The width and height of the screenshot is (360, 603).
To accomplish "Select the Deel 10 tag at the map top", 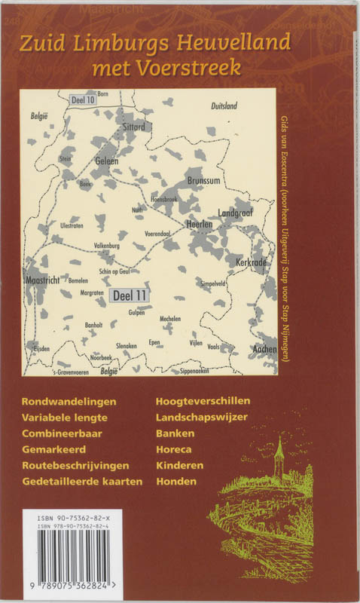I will pos(82,99).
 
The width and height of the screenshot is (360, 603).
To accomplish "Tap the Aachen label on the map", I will pos(264,350).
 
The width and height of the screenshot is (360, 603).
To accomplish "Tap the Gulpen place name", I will pos(136,312).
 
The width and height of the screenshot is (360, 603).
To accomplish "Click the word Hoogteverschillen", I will pos(203,401).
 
